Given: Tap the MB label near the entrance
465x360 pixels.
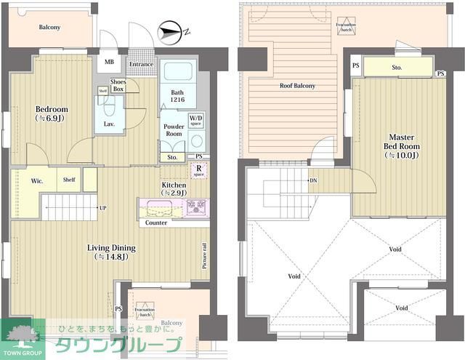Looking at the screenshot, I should (109, 63).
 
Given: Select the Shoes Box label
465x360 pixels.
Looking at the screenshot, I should (117, 86).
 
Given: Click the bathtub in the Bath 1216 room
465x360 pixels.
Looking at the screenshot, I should (174, 73).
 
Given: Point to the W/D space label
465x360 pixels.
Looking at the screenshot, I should (195, 120).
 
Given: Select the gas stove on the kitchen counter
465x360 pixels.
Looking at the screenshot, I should (196, 207).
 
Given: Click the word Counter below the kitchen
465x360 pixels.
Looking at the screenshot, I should (157, 223).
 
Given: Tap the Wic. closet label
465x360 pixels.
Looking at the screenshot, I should (37, 180).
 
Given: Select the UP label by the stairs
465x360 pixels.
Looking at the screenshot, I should (102, 208).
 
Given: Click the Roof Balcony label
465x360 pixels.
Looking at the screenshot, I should (298, 86).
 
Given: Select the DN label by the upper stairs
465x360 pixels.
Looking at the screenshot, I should (314, 180).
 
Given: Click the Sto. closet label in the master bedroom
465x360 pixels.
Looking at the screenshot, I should (397, 68).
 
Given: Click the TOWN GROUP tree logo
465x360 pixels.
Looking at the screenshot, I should (23, 336).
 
